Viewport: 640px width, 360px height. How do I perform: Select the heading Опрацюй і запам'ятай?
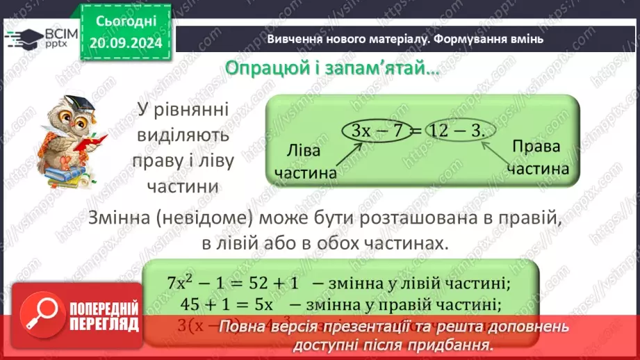point(332,69)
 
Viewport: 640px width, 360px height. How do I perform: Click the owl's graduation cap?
point(72,104)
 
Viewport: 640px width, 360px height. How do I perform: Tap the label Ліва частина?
point(305,162)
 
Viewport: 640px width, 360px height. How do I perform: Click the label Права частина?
point(537,157)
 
